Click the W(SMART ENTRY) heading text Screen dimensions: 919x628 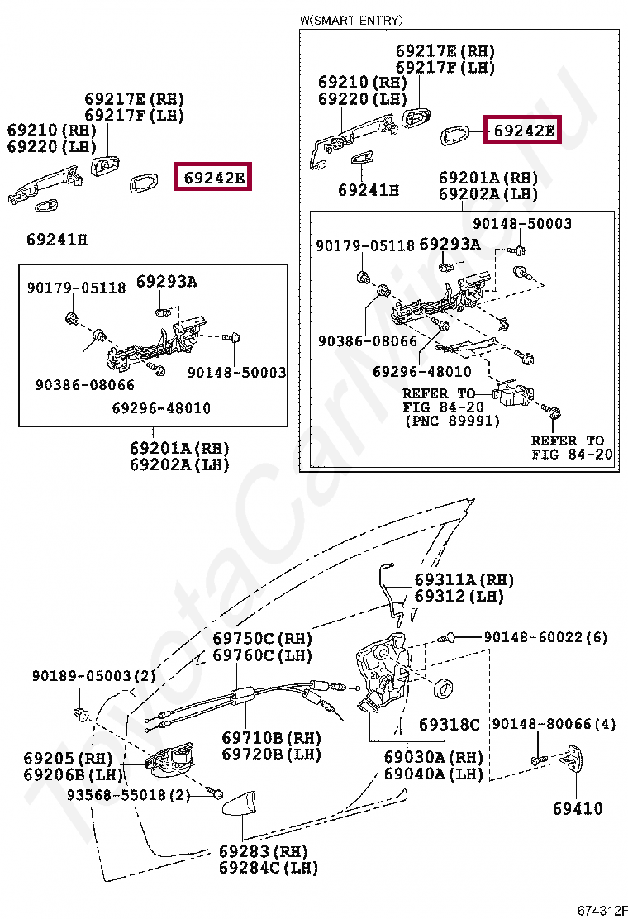tap(352, 20)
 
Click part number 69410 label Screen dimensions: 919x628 tap(578, 808)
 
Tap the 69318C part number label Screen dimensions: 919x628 tap(449, 725)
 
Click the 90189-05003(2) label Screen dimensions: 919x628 tap(94, 675)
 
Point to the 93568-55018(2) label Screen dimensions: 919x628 tap(129, 795)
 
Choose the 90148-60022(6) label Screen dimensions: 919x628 tap(545, 637)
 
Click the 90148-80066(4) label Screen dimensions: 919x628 tap(554, 724)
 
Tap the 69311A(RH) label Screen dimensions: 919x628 tap(464, 580)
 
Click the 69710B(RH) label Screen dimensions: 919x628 tap(271, 737)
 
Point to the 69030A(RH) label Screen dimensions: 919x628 tap(433, 757)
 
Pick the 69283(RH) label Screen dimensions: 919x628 tap(263, 851)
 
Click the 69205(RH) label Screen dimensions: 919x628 tap(67, 758)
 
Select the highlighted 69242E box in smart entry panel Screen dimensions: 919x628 tap(523, 130)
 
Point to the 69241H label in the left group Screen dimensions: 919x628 tap(56, 240)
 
